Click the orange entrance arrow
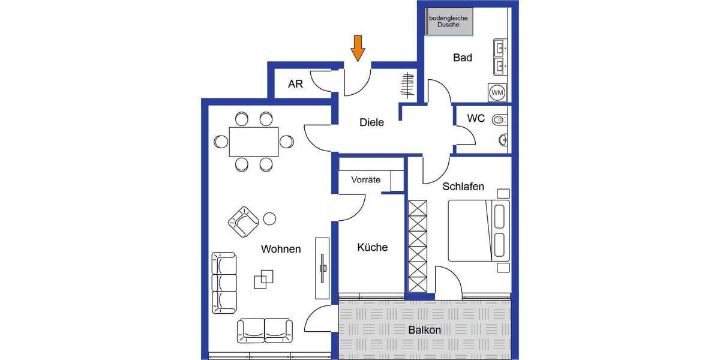coord(358,48)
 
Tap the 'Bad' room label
coord(462,58)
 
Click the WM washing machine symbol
coord(497,92)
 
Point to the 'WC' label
coord(476,118)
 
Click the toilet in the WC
coord(499,120)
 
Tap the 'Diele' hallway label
coord(371,122)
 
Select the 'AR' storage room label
coord(295,84)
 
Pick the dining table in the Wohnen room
coord(254,141)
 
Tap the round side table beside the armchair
coord(269,218)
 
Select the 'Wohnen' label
coord(281,248)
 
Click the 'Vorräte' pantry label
coord(366,179)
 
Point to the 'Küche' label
coord(372,247)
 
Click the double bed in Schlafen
coord(478,231)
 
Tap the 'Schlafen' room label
coord(463,187)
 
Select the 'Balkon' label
coord(425,330)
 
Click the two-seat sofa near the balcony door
coord(265,329)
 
